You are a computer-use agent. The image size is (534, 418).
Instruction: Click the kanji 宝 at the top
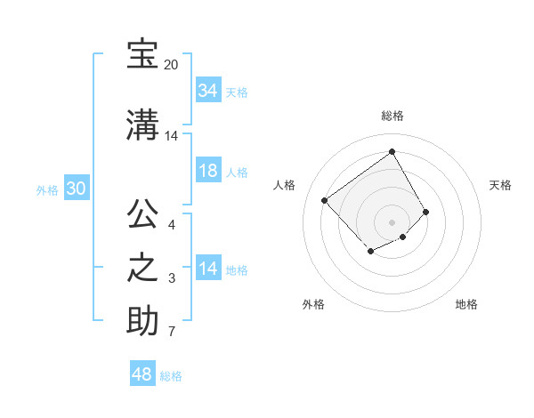pos(142,55)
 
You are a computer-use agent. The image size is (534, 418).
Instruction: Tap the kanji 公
pos(142,214)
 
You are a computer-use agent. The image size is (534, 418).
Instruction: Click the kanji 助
pos(142,320)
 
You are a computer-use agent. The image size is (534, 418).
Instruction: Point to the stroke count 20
pos(171,66)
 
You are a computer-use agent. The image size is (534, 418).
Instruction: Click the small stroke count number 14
pos(171,136)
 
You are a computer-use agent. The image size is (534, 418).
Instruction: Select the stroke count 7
pos(171,333)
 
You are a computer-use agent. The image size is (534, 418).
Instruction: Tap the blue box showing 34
pos(207,91)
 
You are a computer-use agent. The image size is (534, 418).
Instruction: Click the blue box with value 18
pos(207,171)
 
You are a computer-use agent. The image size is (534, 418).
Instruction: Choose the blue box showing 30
pos(76,189)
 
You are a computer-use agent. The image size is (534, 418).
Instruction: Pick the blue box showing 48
pos(142,374)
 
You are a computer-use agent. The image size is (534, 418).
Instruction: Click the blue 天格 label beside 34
pos(236,92)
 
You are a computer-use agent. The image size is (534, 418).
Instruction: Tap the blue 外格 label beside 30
pos(47,189)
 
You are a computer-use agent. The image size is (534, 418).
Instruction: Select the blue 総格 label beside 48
pos(171,376)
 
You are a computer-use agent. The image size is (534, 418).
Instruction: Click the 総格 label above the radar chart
pos(392,116)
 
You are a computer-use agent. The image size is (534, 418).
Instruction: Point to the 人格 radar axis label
pos(285,185)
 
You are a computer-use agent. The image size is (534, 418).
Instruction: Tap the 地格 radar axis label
pos(466,305)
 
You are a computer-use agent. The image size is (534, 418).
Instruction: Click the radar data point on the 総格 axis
pos(392,152)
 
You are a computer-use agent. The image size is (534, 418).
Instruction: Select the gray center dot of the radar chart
pos(392,221)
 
